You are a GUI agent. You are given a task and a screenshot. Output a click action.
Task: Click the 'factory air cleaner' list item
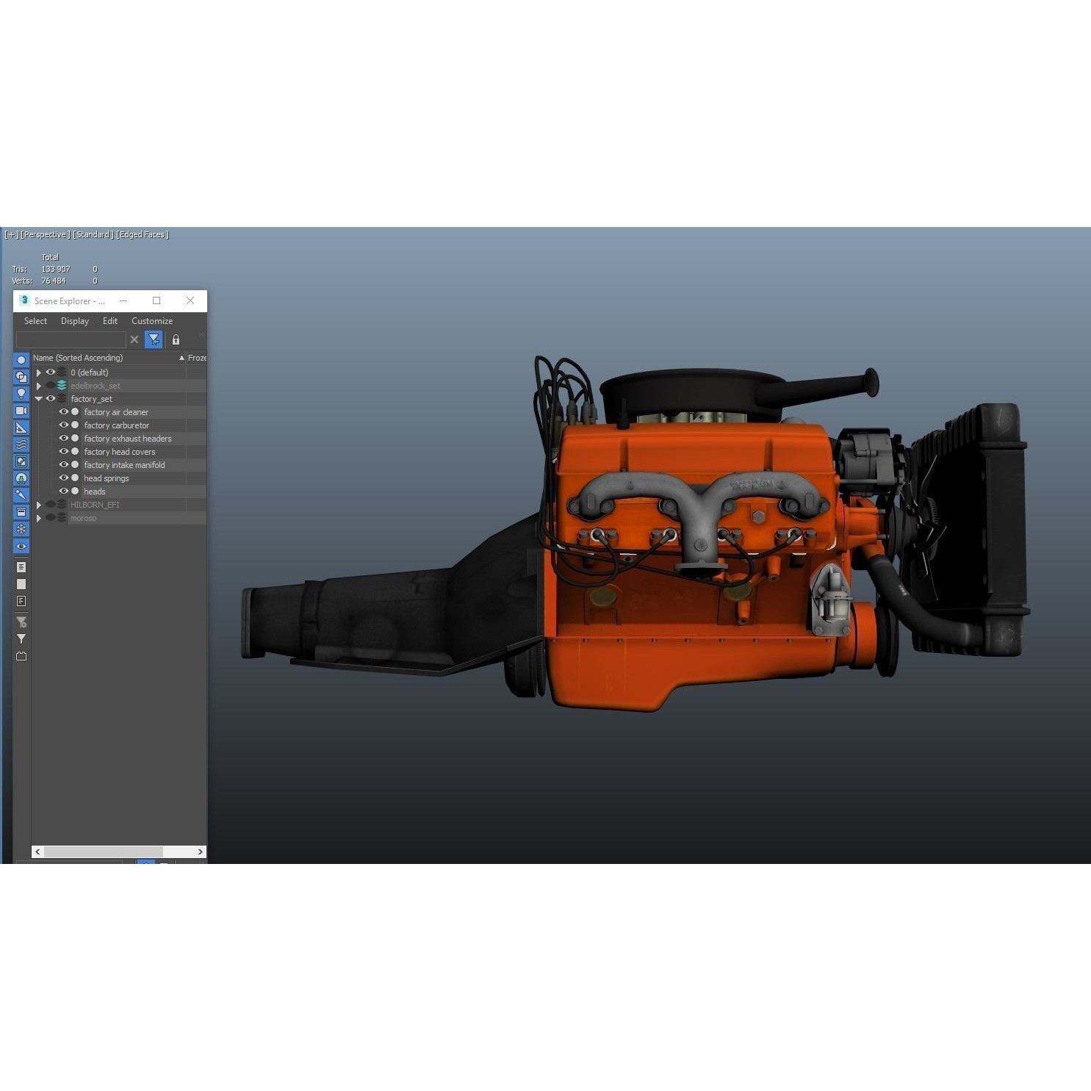[116, 412]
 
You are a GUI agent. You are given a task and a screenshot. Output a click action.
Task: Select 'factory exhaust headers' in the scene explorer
[127, 439]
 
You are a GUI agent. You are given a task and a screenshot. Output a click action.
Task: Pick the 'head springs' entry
[106, 478]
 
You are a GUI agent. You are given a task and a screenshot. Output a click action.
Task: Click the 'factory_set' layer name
[91, 399]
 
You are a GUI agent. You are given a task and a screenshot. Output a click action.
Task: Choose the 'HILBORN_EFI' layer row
[95, 505]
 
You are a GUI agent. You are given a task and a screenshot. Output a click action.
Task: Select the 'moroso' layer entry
[83, 518]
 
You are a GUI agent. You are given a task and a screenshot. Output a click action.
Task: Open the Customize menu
[152, 321]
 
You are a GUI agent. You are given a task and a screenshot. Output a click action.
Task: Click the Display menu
[75, 321]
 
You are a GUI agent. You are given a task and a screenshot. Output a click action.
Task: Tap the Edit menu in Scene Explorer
[110, 321]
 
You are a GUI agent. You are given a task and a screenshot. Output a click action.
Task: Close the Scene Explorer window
[190, 300]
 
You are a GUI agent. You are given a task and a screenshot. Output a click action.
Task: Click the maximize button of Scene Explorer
[156, 300]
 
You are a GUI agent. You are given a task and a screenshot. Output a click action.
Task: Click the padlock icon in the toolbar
[176, 339]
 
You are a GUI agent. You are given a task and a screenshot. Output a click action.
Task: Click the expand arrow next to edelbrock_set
[39, 386]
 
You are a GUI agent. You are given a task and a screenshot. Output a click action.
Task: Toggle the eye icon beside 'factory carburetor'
[63, 425]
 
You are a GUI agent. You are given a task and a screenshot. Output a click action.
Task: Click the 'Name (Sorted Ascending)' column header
[78, 358]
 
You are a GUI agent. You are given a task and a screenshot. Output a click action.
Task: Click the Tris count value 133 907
[56, 269]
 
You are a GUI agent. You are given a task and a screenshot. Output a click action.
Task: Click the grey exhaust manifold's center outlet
[700, 547]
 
